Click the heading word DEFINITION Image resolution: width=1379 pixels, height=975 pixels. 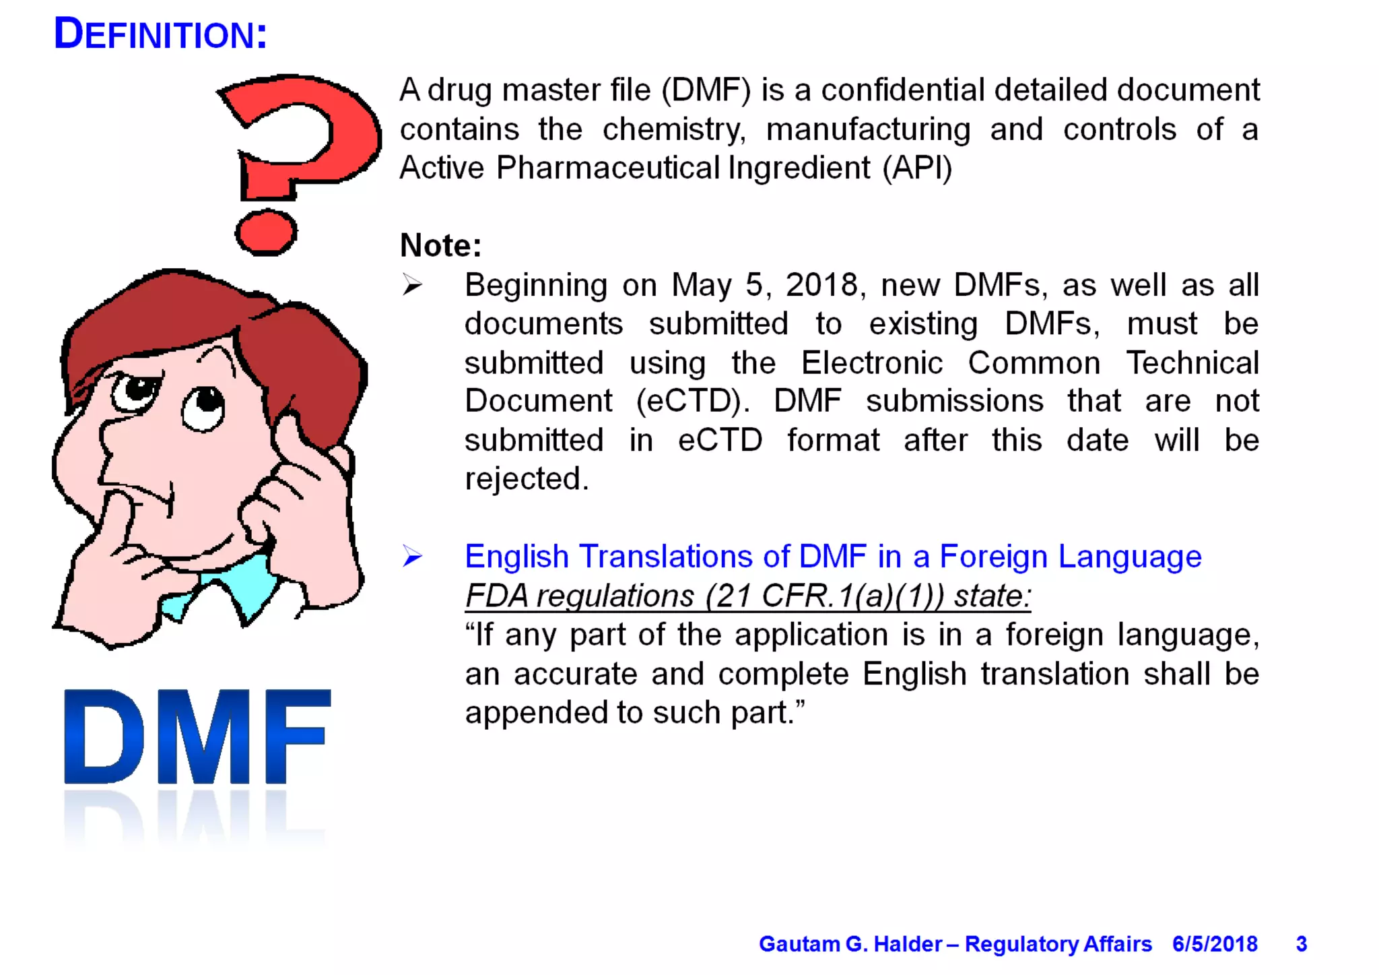point(160,34)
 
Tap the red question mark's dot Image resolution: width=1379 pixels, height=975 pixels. point(266,232)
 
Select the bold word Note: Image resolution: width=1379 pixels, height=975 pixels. point(441,246)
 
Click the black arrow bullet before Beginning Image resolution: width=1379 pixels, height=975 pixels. point(412,286)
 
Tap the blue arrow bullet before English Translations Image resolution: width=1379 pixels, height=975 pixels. point(412,557)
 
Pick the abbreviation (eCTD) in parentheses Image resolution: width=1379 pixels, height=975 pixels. point(692,402)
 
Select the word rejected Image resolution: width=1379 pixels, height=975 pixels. point(527,479)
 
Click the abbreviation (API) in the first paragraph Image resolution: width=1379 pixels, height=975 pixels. point(917,168)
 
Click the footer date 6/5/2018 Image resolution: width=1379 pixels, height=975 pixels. point(1215,944)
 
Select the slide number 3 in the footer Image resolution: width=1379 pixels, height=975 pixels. point(1302,944)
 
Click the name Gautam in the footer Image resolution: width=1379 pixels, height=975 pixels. point(799,944)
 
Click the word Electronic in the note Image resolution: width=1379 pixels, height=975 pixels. point(872,363)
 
